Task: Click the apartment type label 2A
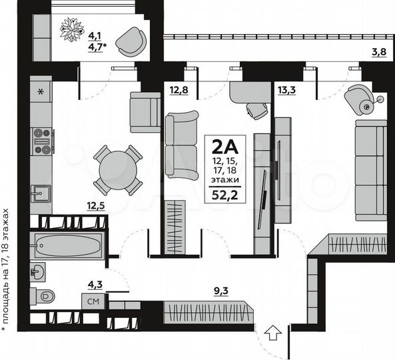(x=226, y=146)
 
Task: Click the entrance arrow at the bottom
(x=272, y=331)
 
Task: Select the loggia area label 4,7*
(x=92, y=47)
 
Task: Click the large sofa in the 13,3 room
(x=370, y=169)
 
